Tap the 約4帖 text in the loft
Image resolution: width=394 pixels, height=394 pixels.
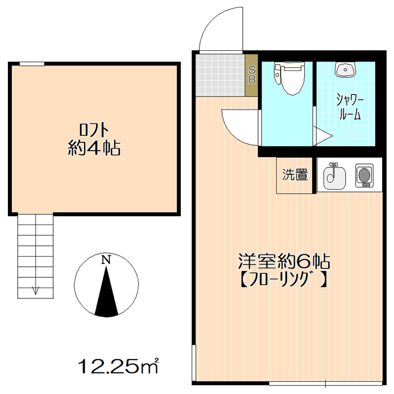[94, 148]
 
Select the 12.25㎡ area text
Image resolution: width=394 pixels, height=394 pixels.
[119, 365]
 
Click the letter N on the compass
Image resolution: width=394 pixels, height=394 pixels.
[105, 260]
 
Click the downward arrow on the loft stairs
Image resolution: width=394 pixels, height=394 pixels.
[35, 290]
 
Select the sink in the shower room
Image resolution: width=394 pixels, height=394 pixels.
[346, 70]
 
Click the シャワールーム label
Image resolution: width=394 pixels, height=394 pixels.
[350, 107]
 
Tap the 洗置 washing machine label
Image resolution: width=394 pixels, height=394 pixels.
[295, 174]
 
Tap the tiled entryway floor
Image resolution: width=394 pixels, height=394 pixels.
[220, 74]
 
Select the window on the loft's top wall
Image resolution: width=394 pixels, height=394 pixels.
[32, 64]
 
